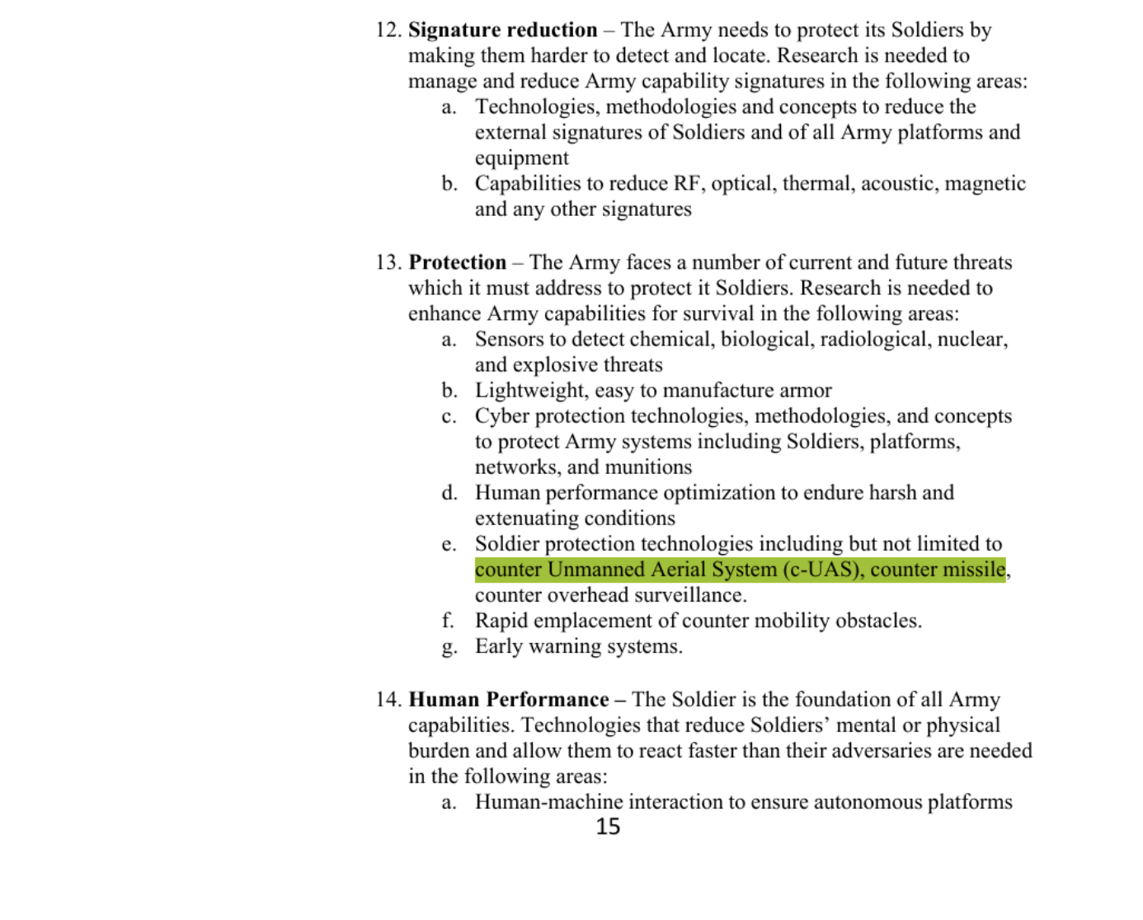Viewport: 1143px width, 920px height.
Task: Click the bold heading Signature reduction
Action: pyautogui.click(x=502, y=31)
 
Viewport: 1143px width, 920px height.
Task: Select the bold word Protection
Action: pyautogui.click(x=458, y=263)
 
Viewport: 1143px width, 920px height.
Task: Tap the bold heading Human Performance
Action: pyautogui.click(x=509, y=700)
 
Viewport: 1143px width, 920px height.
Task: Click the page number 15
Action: pyautogui.click(x=608, y=827)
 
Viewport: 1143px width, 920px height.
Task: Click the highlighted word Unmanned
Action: pyautogui.click(x=595, y=570)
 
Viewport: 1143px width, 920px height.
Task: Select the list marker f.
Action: pyautogui.click(x=448, y=621)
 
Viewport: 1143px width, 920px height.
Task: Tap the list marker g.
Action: pyautogui.click(x=449, y=647)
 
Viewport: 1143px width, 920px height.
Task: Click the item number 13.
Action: pyautogui.click(x=388, y=263)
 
